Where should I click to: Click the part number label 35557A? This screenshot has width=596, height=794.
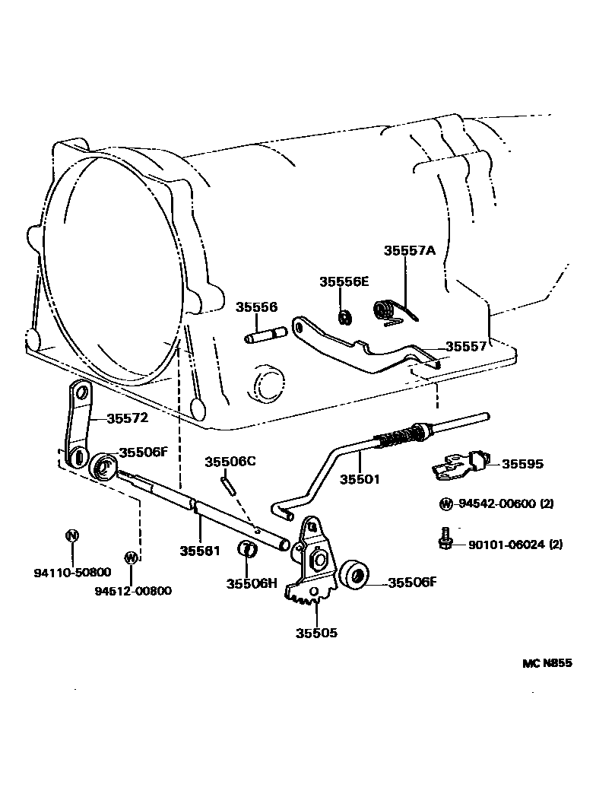tap(409, 250)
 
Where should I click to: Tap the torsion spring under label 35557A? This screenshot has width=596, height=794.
tap(388, 310)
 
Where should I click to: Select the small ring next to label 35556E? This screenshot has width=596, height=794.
tap(344, 316)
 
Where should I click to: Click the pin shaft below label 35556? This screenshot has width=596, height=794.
tap(264, 335)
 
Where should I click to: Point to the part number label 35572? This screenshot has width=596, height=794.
tap(127, 418)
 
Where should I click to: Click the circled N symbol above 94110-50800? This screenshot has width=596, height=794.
tap(72, 535)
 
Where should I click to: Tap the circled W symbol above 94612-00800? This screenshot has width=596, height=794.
tap(131, 557)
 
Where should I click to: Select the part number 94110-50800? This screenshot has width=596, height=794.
tap(72, 572)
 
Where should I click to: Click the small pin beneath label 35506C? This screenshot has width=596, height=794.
tap(226, 484)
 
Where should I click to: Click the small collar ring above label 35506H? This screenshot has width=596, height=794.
tap(247, 548)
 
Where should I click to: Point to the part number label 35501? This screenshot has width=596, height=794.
tap(360, 479)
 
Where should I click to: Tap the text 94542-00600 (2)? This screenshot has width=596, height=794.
tap(503, 503)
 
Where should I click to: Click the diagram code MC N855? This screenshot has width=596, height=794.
tap(547, 663)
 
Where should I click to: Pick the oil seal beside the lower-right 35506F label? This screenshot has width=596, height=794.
tap(353, 576)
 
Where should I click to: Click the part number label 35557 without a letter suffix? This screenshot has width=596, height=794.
tap(465, 346)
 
